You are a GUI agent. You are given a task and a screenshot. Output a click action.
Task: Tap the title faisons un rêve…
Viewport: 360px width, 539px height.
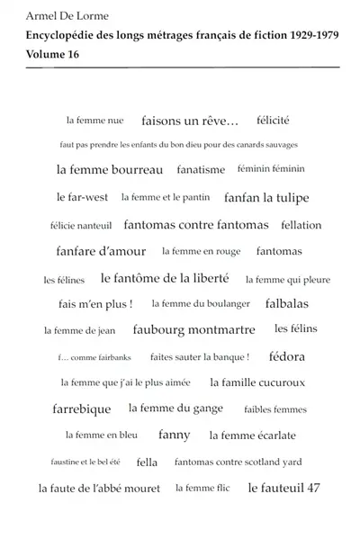(190, 120)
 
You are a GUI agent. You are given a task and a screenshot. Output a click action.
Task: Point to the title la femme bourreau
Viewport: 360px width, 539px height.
(110, 169)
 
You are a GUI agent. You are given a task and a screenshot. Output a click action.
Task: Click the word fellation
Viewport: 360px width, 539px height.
(288, 224)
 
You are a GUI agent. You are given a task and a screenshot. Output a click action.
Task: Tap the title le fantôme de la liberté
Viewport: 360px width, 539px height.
(165, 278)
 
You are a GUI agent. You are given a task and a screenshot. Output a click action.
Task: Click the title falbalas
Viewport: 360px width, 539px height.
(286, 304)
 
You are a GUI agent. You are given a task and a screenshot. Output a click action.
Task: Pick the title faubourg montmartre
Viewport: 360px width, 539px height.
(193, 330)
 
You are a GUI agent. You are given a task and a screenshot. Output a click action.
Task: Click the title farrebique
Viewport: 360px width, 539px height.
(82, 409)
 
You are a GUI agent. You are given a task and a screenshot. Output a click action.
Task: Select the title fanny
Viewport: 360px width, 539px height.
(174, 436)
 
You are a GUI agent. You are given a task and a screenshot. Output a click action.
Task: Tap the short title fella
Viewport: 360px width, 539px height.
(147, 463)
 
